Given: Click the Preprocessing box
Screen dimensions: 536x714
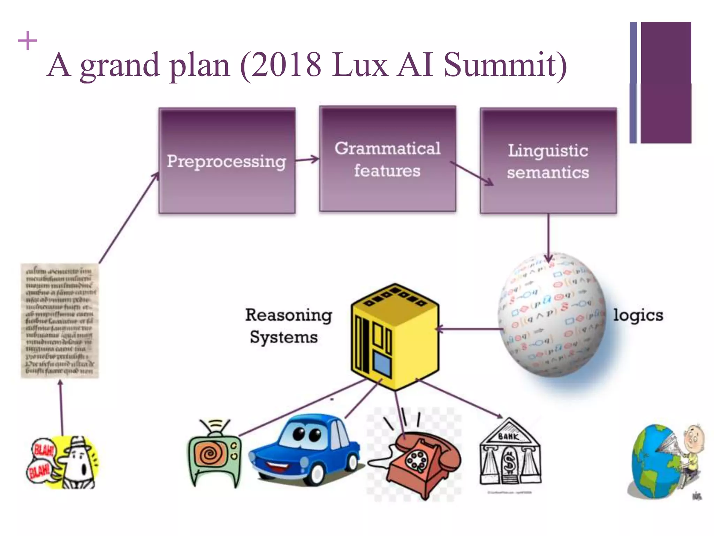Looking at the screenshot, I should (227, 161).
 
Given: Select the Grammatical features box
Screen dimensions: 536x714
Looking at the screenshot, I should (387, 159).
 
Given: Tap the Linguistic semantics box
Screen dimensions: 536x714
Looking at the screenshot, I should (548, 161).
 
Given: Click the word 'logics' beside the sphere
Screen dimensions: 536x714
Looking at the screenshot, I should (638, 315).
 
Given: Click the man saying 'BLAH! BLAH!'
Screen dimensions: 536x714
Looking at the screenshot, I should (62, 462).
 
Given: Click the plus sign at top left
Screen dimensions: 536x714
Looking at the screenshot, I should (28, 41).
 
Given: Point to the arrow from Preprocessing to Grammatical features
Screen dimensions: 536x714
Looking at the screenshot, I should (307, 160).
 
